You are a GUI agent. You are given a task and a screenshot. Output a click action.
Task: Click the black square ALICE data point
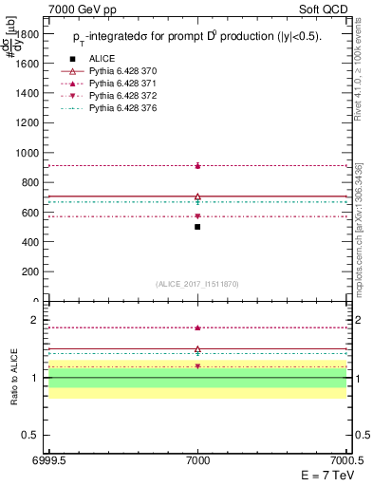tap(197, 227)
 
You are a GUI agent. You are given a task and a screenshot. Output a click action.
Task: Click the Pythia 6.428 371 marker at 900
tap(197, 165)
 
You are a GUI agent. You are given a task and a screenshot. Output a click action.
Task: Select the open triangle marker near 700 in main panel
tap(197, 196)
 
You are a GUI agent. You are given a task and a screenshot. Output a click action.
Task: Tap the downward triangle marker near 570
tap(197, 216)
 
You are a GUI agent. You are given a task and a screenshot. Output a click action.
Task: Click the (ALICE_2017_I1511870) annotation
tap(197, 284)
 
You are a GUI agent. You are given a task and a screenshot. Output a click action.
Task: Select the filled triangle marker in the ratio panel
tap(197, 327)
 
